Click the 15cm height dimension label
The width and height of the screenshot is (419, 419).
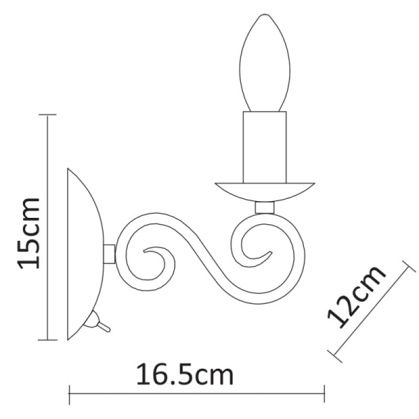pos(29,233)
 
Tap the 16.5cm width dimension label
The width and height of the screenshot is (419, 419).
pos(184,375)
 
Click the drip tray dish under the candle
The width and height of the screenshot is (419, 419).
pos(264,190)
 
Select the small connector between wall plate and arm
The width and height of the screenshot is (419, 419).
pos(110,253)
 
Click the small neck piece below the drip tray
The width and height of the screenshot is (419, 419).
pos(264,207)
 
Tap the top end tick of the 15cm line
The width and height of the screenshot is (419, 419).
pos(47,115)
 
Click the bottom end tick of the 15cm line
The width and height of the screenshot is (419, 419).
pos(47,340)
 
